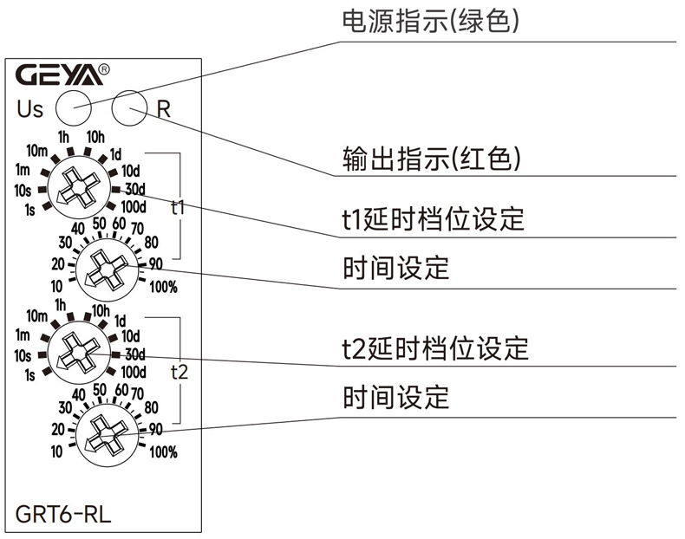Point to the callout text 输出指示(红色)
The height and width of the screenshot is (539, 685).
pyautogui.click(x=432, y=159)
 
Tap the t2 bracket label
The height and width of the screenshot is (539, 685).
pyautogui.click(x=179, y=372)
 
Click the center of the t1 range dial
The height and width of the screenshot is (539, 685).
pyautogui.click(x=77, y=186)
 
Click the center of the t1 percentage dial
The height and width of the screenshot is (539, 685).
pyautogui.click(x=104, y=269)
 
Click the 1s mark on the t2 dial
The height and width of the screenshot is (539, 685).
pyautogui.click(x=30, y=374)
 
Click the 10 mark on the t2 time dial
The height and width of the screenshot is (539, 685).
pyautogui.click(x=56, y=451)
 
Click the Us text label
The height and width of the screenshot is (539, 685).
pyautogui.click(x=29, y=110)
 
